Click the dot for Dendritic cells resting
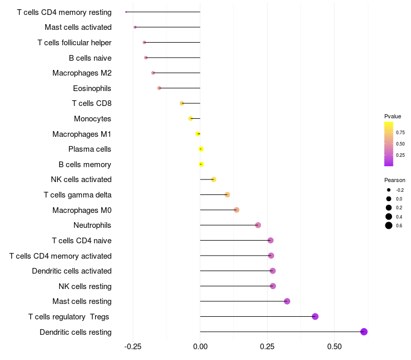364,332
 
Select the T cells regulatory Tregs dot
315,316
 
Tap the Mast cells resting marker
287,301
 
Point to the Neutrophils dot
258,225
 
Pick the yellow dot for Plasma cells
201,149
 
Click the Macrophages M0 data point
236,210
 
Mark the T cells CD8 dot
182,103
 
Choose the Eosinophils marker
159,88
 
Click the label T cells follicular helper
74,42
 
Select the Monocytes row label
92,119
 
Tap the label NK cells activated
81,179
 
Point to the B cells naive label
90,58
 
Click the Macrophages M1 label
82,134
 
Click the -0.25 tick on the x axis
133,347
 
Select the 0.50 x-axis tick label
334,347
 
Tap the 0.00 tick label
200,347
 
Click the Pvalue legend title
393,116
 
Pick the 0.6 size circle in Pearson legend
389,225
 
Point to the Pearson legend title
395,180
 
